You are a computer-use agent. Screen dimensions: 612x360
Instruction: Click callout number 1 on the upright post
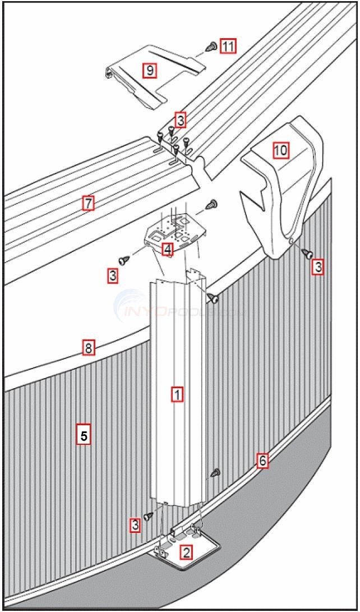[177, 394]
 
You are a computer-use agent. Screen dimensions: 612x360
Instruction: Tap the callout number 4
[167, 250]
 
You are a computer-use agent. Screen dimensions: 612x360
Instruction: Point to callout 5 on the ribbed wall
[83, 435]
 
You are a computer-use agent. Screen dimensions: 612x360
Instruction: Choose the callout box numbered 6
[262, 461]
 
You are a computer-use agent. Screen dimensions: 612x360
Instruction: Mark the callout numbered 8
[87, 348]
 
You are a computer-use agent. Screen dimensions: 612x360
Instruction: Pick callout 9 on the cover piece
[149, 70]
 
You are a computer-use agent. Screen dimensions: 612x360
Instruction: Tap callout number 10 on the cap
[280, 150]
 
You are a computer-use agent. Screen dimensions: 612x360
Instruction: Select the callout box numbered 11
[227, 46]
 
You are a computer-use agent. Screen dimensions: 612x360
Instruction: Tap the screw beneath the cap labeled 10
[308, 254]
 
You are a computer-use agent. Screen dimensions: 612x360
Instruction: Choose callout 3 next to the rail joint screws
[179, 119]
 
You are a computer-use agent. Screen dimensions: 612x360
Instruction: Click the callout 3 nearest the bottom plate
[135, 526]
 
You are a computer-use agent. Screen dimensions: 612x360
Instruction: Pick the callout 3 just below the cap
[318, 268]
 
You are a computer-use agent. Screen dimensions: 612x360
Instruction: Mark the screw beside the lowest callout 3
[149, 517]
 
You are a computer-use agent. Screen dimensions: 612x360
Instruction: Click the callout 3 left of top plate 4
[113, 275]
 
